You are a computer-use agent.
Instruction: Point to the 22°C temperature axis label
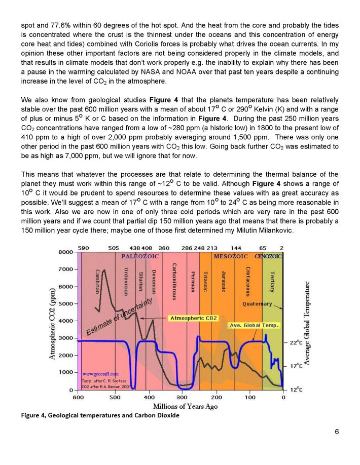pyautogui.click(x=296, y=343)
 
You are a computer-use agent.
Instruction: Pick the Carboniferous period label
pyautogui.click(x=174, y=282)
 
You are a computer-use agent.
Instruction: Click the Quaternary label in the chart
pyautogui.click(x=257, y=304)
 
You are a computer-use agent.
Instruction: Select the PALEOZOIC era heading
pyautogui.click(x=140, y=256)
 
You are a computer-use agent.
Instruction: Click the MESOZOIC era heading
pyautogui.click(x=231, y=256)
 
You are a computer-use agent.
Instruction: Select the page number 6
pyautogui.click(x=337, y=432)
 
